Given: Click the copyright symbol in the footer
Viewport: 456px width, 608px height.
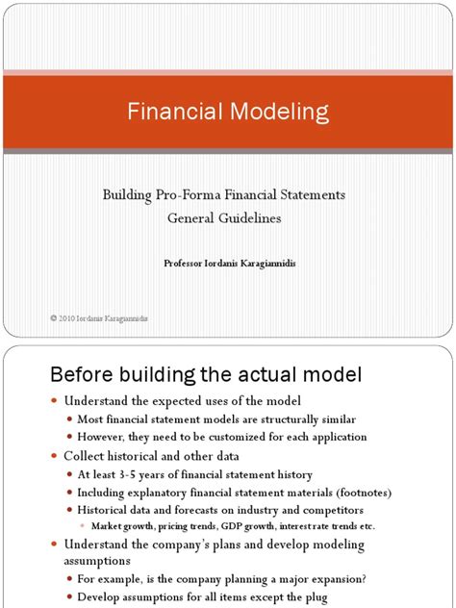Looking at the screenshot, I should click(x=53, y=317).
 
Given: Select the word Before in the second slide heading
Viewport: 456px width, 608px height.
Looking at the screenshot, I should click(x=75, y=373).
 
